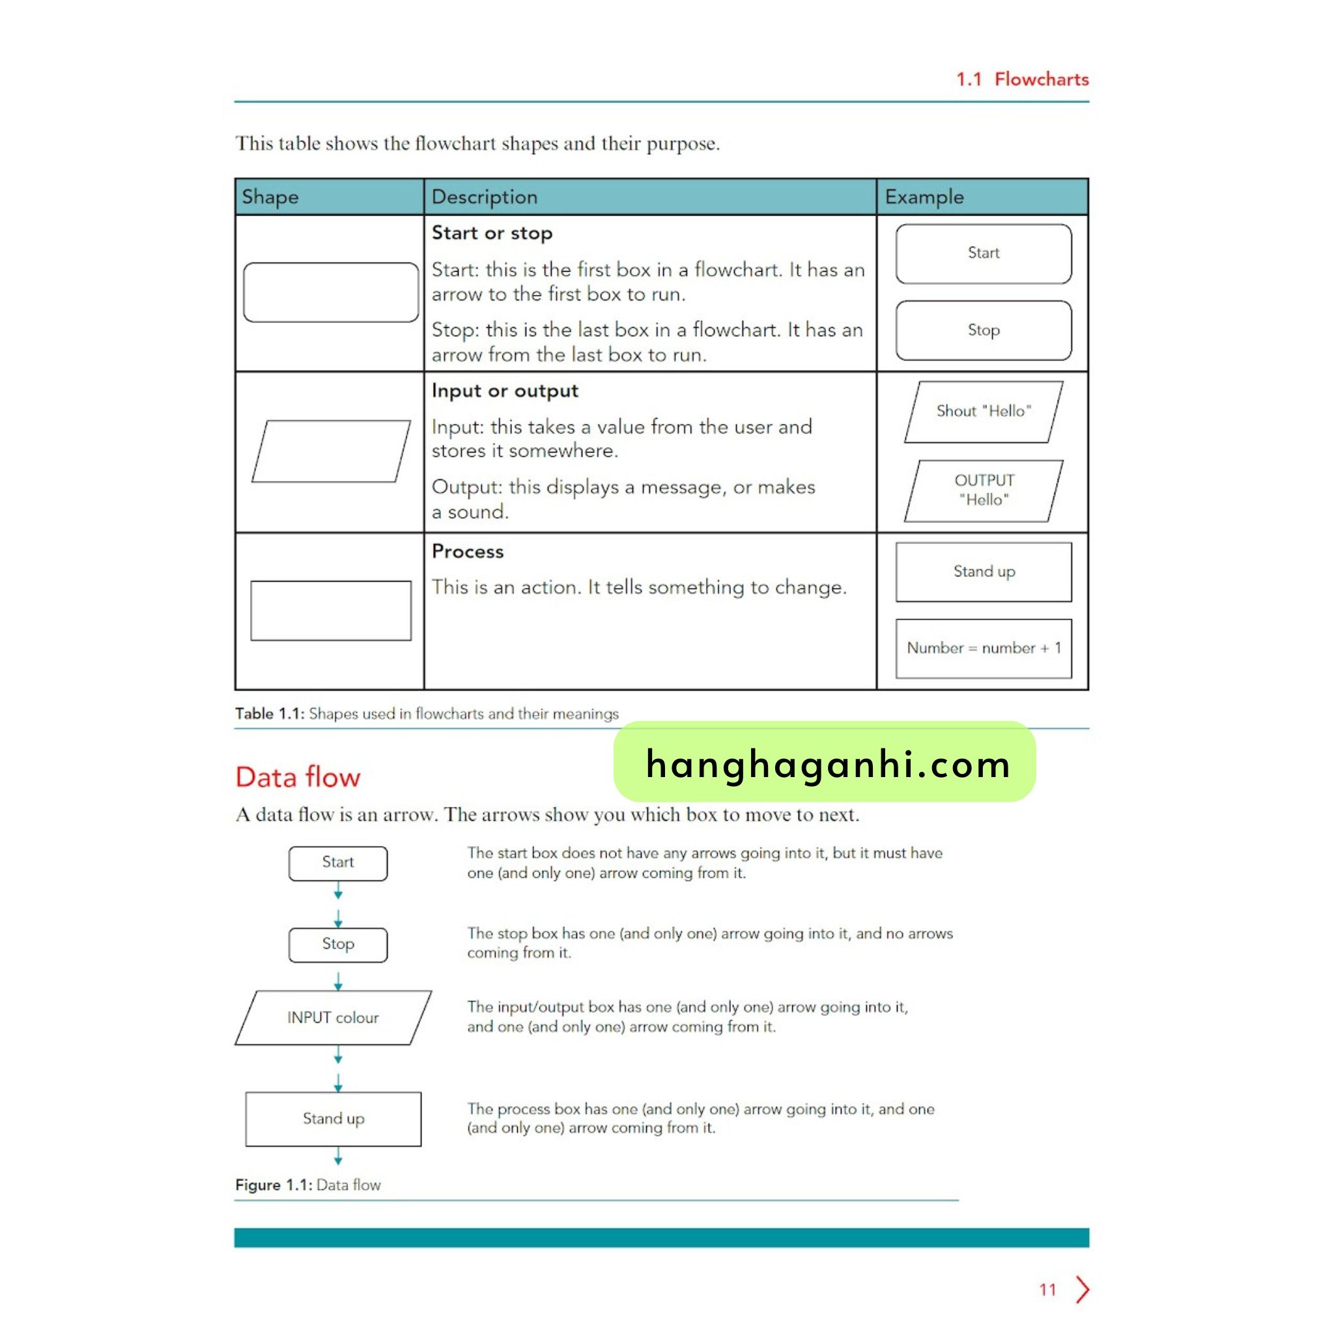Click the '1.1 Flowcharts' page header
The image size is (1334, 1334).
(x=1022, y=79)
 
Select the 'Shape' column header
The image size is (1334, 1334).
(x=270, y=197)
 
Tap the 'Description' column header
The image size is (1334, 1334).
(x=484, y=197)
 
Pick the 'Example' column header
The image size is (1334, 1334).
(x=924, y=197)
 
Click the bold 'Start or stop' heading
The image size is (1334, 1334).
(x=492, y=233)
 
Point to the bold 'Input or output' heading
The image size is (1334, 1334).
(x=505, y=391)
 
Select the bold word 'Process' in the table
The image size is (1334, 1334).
(x=468, y=551)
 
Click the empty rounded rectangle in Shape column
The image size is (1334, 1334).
(x=331, y=292)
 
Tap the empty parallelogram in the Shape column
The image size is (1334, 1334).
(x=331, y=451)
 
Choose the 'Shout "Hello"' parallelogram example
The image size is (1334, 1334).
(x=983, y=412)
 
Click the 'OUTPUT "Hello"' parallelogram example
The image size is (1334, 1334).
(x=983, y=490)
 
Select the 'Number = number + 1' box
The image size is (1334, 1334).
(x=983, y=648)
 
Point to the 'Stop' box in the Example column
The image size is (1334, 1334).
(x=983, y=330)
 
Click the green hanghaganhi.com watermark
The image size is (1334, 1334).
(x=825, y=762)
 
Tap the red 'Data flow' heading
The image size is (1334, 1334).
(x=298, y=777)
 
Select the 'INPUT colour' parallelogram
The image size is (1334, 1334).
(x=333, y=1018)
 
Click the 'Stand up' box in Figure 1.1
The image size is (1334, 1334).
(x=333, y=1118)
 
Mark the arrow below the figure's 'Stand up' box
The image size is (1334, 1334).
(x=338, y=1156)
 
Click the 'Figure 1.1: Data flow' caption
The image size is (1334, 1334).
(x=308, y=1185)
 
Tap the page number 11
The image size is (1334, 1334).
(x=1047, y=1290)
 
